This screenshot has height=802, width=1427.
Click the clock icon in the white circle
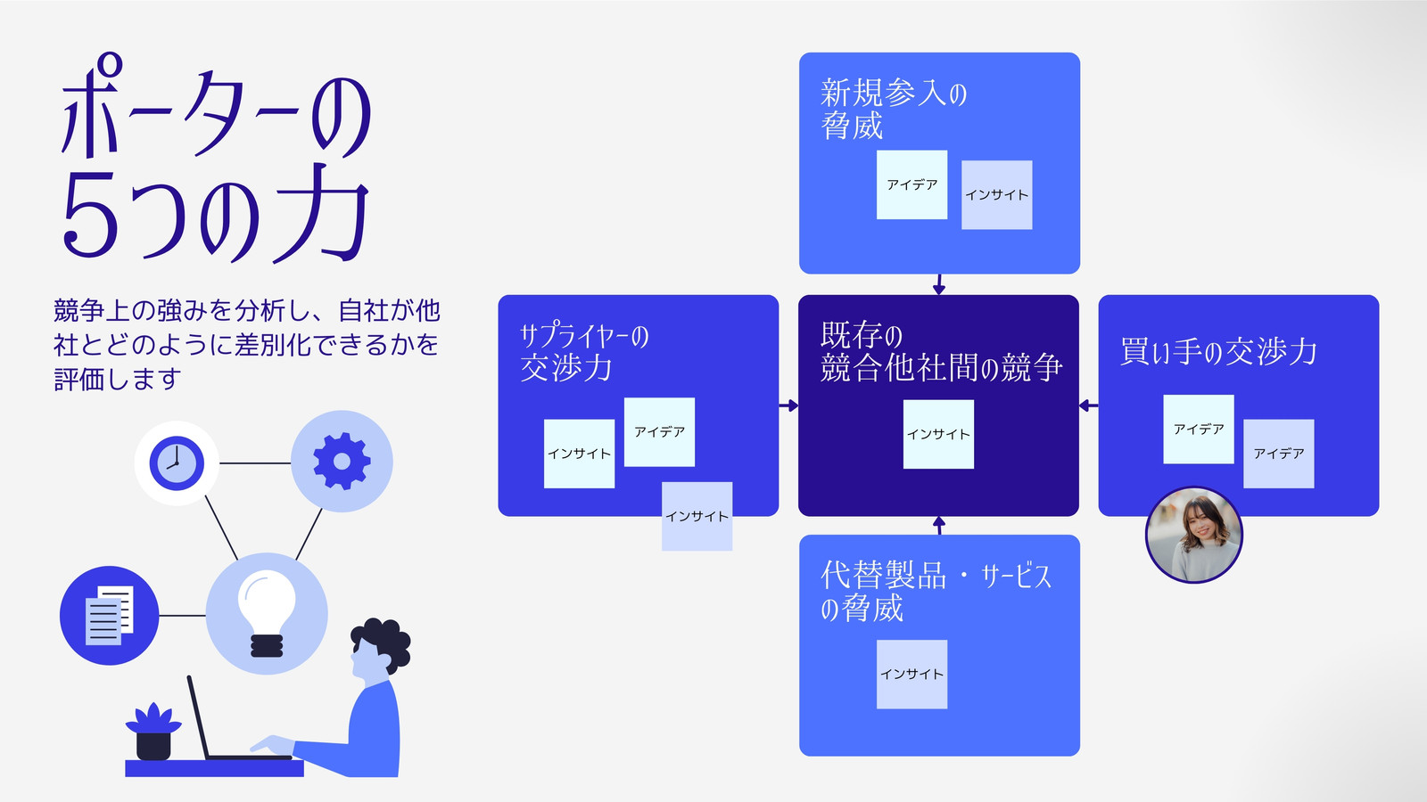[x=177, y=463]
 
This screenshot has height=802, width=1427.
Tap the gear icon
[x=342, y=462]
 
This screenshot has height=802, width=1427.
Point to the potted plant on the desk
[x=153, y=732]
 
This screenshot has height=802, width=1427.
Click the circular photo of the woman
[x=1194, y=536]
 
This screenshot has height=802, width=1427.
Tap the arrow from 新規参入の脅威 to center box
[x=938, y=284]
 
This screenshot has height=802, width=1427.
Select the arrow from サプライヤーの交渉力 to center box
[x=788, y=405]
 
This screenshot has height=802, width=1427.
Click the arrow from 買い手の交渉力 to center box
[x=1089, y=405]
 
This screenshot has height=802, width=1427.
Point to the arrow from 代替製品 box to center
[x=938, y=526]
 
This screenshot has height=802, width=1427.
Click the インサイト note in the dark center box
[x=938, y=434]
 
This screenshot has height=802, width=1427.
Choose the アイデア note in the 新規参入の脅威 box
[x=911, y=184]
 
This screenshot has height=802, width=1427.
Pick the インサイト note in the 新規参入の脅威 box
[x=996, y=195]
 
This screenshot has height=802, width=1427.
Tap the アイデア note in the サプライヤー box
[x=659, y=432]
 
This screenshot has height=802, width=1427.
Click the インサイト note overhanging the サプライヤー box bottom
[x=697, y=516]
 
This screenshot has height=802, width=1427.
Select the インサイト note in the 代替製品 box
[x=911, y=674]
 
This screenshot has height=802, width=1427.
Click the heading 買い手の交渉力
[x=1218, y=351]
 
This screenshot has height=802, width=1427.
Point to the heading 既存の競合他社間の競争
[x=941, y=351]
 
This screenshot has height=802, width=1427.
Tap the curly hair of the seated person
[x=384, y=642]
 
